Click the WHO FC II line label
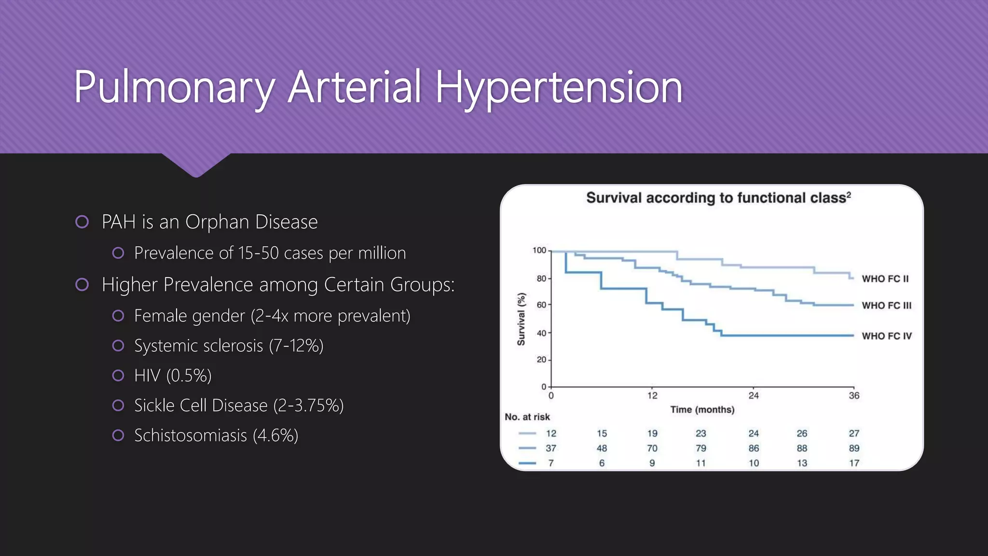coord(885,279)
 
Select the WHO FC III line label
coord(886,306)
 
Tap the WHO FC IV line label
coord(886,336)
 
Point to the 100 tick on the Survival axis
coord(539,250)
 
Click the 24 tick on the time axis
coord(753,396)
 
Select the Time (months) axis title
coord(702,410)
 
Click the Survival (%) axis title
coord(521,319)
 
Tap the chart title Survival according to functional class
coord(718,198)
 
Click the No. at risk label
coord(527,417)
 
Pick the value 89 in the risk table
coord(853,448)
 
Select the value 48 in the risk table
coord(602,448)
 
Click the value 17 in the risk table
coord(853,463)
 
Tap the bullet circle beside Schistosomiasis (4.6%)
coord(118,435)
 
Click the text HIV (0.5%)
coord(173,375)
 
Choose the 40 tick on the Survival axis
coord(541,333)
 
